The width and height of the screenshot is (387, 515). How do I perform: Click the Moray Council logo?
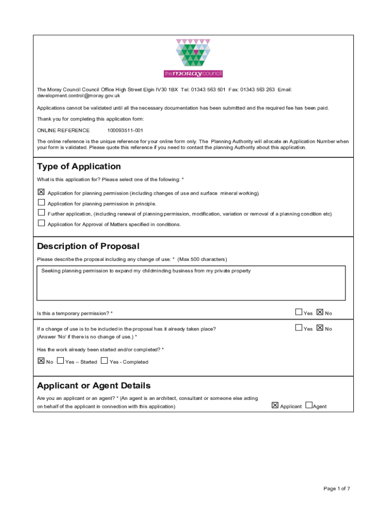pos(193,58)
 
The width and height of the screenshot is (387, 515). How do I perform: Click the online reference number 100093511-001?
pos(126,130)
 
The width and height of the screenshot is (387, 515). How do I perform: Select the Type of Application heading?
pos(79,166)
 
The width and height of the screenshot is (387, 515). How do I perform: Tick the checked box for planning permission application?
pos(41,192)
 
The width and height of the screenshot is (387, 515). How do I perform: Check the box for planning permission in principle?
pos(41,203)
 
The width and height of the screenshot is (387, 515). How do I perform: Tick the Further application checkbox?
pos(41,213)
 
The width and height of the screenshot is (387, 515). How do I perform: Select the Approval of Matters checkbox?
pos(41,223)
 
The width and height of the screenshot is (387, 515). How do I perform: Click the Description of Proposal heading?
pos(88,246)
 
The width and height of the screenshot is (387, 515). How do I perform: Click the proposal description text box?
pos(191,283)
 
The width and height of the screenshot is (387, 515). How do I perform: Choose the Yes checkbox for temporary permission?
pos(299,312)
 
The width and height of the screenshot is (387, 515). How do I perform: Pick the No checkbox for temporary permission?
pos(320,312)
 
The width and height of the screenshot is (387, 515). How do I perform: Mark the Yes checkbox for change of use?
pos(299,328)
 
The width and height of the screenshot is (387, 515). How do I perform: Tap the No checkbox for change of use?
pos(320,328)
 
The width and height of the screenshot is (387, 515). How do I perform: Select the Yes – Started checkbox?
pos(60,361)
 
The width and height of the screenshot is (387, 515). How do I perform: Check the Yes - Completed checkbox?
pos(104,361)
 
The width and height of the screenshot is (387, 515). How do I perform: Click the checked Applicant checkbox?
pos(275,405)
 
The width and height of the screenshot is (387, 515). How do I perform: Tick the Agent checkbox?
pos(309,405)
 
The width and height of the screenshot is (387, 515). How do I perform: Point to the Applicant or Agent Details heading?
pos(93,386)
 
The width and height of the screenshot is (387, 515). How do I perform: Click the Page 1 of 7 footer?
pos(337,488)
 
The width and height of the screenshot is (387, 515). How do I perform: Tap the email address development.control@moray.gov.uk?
pos(78,96)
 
